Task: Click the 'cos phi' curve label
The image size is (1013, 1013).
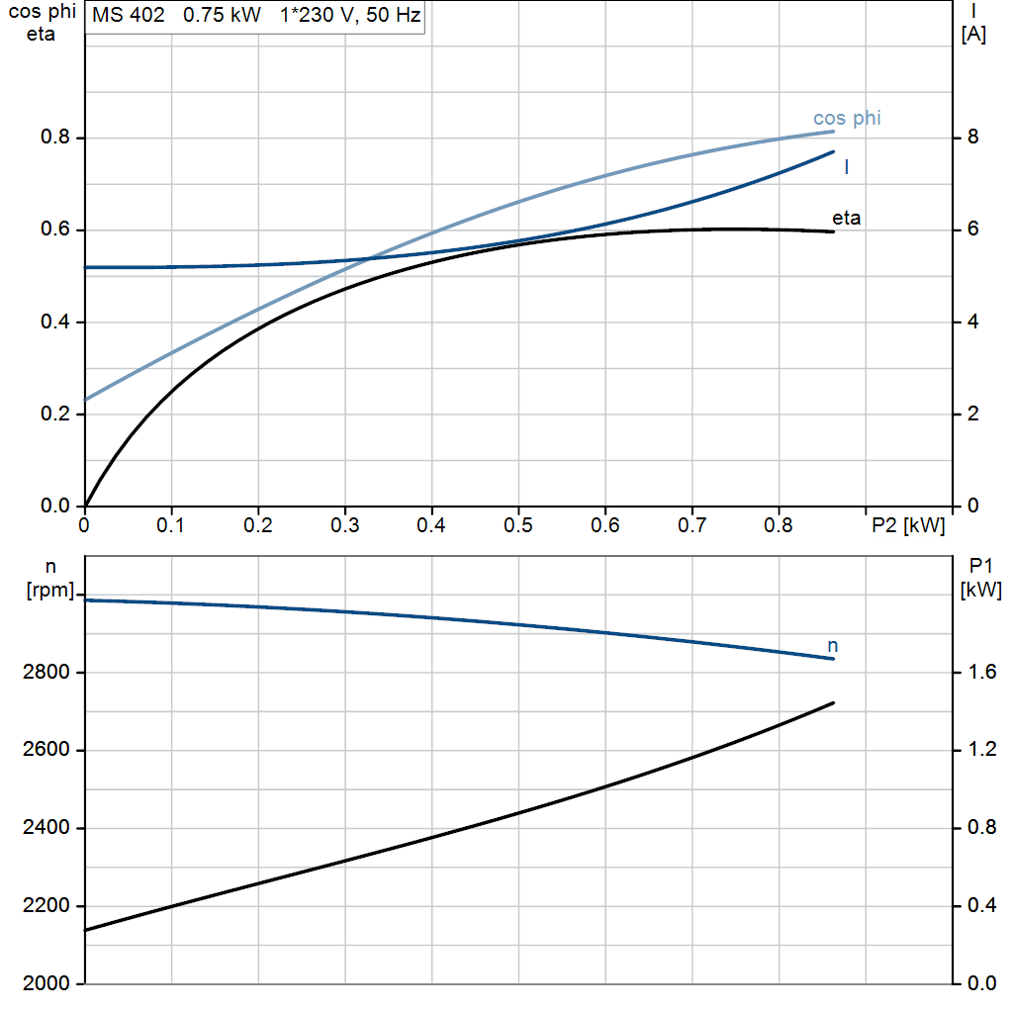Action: [x=847, y=119]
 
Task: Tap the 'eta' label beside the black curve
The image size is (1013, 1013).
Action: [x=847, y=219]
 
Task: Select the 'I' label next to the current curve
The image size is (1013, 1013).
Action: [x=847, y=167]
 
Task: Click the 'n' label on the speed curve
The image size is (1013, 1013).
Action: [x=833, y=646]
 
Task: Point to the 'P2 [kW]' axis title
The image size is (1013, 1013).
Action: [x=908, y=525]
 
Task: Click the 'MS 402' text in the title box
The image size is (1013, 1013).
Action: [x=129, y=15]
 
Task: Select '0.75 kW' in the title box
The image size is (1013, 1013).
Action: [x=223, y=15]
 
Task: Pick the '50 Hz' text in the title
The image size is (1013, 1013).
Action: [x=394, y=15]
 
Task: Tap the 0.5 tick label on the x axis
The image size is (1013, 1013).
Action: [x=518, y=525]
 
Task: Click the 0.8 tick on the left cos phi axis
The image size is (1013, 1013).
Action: [x=55, y=137]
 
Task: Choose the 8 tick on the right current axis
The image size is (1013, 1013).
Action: [x=973, y=137]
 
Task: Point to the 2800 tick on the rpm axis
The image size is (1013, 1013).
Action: [x=46, y=672]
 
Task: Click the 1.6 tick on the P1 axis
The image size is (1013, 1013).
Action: [x=982, y=672]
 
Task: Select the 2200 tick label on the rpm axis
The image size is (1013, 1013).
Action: [x=46, y=906]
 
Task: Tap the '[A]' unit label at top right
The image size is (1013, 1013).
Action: [x=973, y=35]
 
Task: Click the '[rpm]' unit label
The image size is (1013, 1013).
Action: [x=50, y=590]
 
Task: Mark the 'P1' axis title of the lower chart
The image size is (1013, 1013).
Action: [x=980, y=567]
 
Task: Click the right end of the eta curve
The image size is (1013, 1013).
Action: [x=833, y=231]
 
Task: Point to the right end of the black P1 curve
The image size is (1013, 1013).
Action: [x=833, y=703]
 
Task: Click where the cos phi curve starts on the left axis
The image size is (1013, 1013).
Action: [x=85, y=400]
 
